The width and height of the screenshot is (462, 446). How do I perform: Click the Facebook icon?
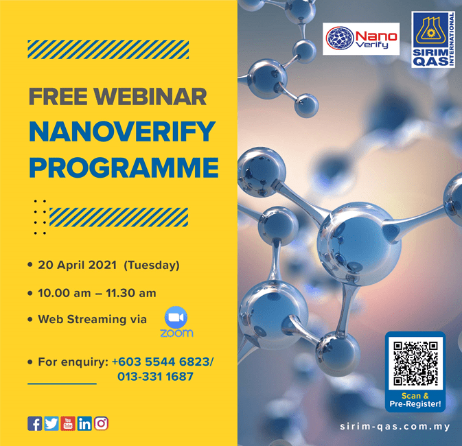pos(35,423)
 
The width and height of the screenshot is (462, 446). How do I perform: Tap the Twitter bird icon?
pos(51,423)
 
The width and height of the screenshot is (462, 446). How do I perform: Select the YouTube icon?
pos(68,423)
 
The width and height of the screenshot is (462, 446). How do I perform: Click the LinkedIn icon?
pos(84,423)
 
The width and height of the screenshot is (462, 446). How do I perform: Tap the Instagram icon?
pos(101,423)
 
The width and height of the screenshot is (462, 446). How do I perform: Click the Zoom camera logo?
pos(176,317)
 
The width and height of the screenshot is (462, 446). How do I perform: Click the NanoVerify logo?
pos(361,38)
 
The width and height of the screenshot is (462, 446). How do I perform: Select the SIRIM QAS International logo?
pos(433,40)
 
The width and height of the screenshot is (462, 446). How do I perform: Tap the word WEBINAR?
pos(150,97)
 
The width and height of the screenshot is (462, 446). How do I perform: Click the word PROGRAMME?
pos(124,167)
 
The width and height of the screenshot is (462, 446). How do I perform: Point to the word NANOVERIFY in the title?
pos(122,132)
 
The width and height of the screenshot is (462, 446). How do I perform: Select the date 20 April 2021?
pos(77,265)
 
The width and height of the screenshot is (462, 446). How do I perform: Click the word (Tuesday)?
pos(152,265)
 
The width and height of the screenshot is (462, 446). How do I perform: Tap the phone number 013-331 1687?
pos(155,377)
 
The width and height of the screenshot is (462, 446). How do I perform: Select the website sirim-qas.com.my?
pos(395,427)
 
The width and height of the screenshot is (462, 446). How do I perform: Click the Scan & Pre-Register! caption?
pos(415,400)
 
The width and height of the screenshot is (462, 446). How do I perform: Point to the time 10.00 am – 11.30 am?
pos(97,293)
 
